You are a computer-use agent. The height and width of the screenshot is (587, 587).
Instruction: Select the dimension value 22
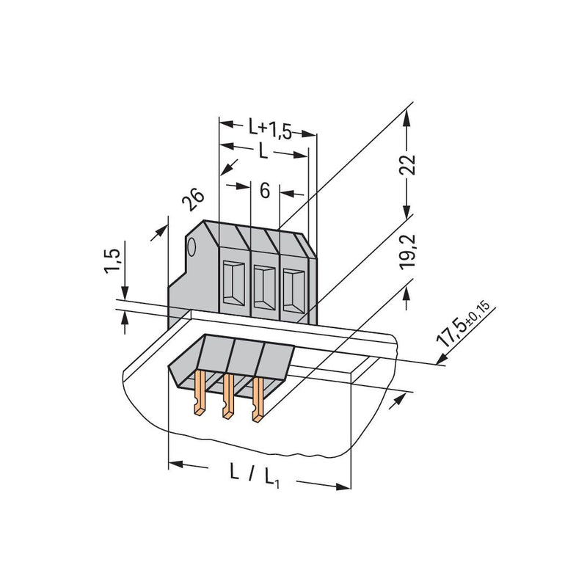click(408, 164)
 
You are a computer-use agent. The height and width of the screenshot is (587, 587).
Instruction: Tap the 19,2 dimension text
click(408, 252)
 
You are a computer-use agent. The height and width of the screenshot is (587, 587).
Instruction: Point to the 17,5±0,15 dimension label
click(463, 323)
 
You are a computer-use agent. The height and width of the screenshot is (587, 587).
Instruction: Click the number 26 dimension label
click(193, 200)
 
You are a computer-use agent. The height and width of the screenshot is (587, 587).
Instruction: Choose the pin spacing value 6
click(265, 191)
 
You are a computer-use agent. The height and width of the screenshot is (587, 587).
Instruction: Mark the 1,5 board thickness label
click(112, 260)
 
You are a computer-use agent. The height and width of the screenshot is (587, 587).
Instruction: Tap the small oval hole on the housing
click(192, 247)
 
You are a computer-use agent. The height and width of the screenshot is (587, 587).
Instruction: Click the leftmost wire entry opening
click(233, 282)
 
